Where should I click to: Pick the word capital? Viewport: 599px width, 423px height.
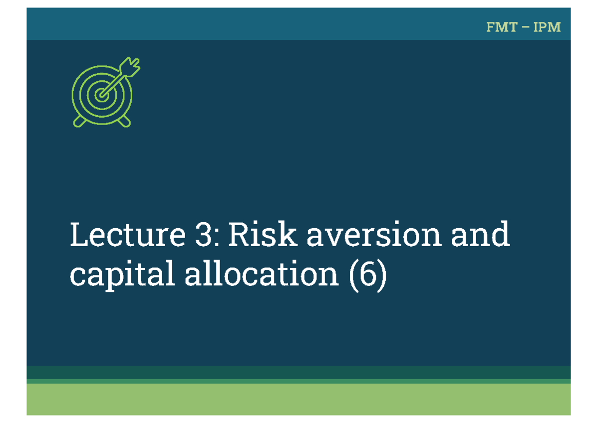(122, 275)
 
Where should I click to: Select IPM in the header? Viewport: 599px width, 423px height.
(547, 27)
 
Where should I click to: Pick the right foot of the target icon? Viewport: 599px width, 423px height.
(125, 121)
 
